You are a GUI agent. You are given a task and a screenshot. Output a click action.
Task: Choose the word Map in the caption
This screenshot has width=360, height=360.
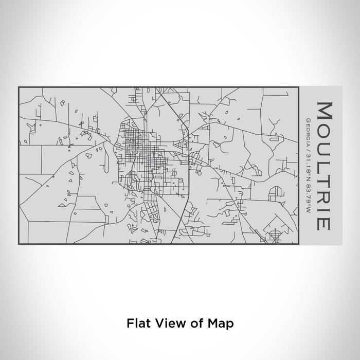pos(221,323)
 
